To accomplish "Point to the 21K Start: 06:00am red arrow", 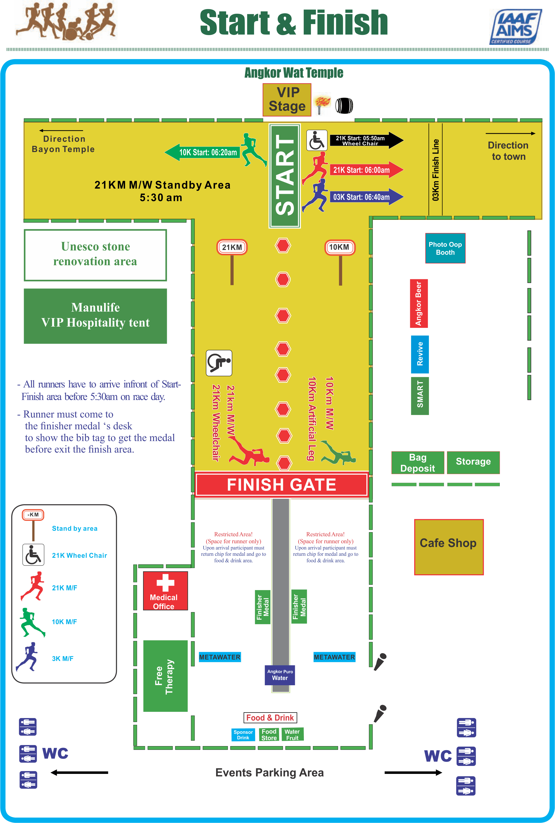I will (x=365, y=170).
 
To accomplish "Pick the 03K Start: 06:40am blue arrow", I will (x=365, y=197).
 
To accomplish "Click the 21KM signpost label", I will (x=232, y=247).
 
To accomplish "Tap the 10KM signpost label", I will (x=340, y=247).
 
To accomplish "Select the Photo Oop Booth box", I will (x=445, y=248).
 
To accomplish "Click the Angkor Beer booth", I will (x=419, y=304).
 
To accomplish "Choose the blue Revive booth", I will (x=419, y=354).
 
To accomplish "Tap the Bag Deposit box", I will (x=417, y=463).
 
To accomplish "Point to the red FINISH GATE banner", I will (x=282, y=484).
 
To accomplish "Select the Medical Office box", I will (x=165, y=591).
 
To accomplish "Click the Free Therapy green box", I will (x=165, y=676).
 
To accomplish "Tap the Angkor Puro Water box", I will (x=280, y=675).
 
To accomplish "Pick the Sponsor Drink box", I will (x=243, y=735).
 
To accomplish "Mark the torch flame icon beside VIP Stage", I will (x=322, y=104).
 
